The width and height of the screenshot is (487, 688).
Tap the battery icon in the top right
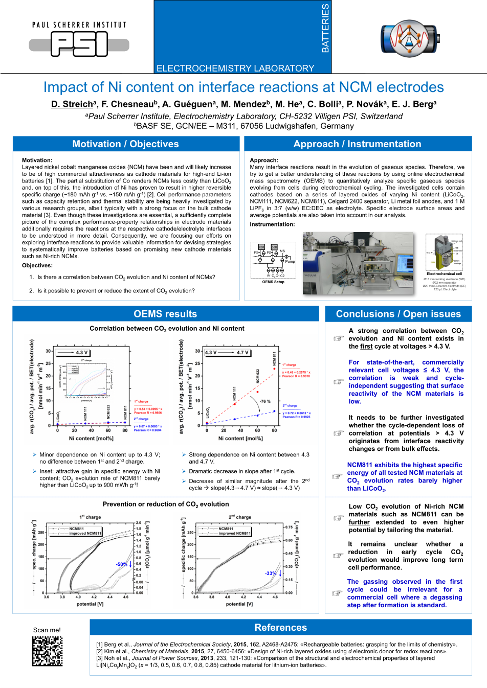coord(409,39)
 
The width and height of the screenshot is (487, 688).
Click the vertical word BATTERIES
coord(325,28)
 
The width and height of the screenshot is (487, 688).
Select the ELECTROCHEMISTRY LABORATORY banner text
coord(235,68)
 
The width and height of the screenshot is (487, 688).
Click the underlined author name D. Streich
coord(73,104)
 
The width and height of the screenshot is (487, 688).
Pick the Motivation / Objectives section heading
coord(126,144)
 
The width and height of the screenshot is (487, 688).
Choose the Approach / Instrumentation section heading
coord(358,144)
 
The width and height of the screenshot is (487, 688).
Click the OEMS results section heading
coord(165,314)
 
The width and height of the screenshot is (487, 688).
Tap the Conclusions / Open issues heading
coord(398,314)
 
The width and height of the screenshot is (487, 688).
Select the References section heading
coord(281,627)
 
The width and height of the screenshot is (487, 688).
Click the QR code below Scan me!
coord(48,651)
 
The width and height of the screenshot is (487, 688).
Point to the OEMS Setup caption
coord(273,282)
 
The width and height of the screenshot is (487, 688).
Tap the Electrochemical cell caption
coord(444,274)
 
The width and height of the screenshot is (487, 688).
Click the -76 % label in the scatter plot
coord(265,401)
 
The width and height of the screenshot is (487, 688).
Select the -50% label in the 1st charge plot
coord(121,564)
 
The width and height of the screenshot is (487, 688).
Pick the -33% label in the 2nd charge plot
coord(271,574)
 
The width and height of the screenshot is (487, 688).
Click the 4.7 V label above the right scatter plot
coord(242,353)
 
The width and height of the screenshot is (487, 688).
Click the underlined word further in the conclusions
coord(359,522)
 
